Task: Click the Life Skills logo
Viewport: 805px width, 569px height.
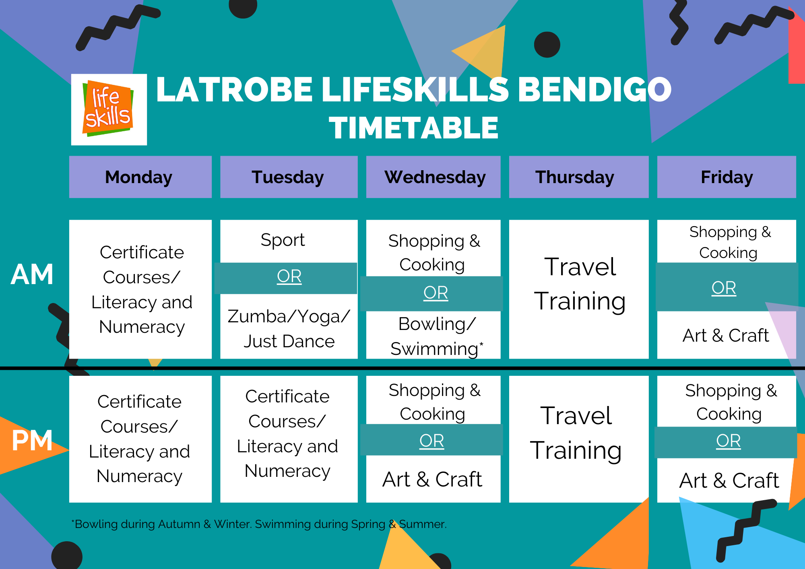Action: [x=109, y=109]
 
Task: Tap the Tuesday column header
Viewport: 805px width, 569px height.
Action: [x=289, y=177]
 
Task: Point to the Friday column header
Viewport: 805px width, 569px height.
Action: [x=726, y=177]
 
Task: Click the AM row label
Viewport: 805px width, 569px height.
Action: [x=32, y=274]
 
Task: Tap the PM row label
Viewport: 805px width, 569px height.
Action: [x=32, y=440]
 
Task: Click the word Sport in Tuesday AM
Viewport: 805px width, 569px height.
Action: [x=283, y=240]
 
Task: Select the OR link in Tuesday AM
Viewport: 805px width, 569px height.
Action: [x=289, y=276]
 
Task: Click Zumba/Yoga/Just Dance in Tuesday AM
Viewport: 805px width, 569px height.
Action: [x=289, y=329]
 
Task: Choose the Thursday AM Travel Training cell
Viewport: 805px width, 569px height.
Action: [x=580, y=284]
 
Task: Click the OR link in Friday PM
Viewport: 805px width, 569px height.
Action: [x=728, y=441]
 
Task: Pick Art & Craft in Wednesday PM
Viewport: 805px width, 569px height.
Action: [x=432, y=479]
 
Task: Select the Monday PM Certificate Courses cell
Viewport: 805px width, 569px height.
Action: [x=140, y=439]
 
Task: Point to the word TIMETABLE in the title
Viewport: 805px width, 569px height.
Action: [x=413, y=128]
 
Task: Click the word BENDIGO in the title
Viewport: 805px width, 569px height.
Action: [x=594, y=89]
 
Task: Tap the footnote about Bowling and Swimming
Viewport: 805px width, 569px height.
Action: [x=259, y=524]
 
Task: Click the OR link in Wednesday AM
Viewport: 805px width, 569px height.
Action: [x=436, y=293]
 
